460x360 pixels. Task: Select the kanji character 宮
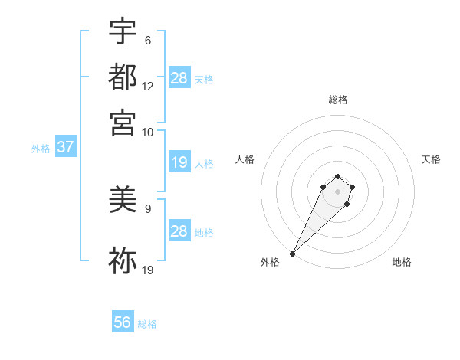click(x=123, y=123)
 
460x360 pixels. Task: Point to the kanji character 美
click(x=123, y=201)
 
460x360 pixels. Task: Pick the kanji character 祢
click(x=123, y=260)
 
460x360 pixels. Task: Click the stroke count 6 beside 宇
click(x=147, y=41)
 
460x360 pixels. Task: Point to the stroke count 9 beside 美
click(x=147, y=208)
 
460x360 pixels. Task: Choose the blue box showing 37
click(x=65, y=147)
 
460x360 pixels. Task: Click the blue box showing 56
click(x=123, y=322)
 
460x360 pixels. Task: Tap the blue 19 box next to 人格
click(x=179, y=162)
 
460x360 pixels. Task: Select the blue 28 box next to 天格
click(x=179, y=78)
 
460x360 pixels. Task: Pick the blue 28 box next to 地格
click(x=179, y=231)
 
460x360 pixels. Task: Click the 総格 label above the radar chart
click(x=337, y=100)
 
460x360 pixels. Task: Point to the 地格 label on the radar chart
click(x=402, y=263)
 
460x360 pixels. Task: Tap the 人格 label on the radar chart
click(x=245, y=159)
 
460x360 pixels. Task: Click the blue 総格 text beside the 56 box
click(x=147, y=324)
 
